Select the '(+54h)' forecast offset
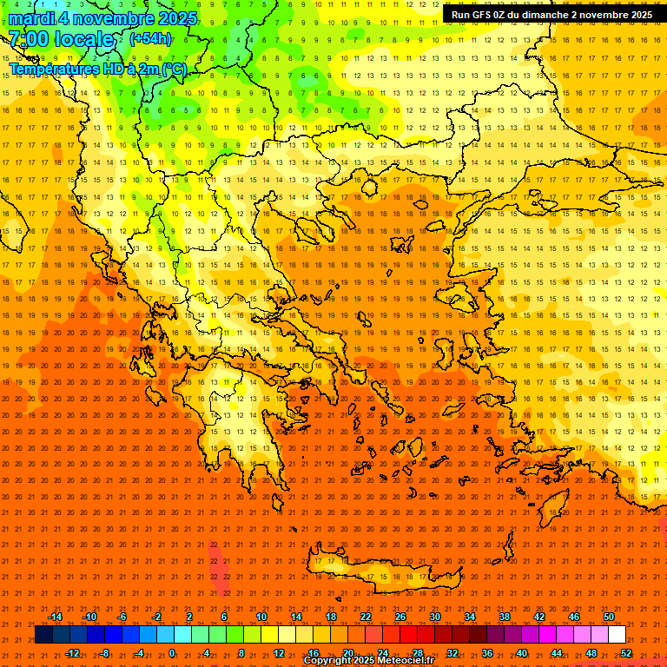(x=150, y=39)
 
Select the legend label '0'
(x=172, y=653)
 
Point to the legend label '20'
(x=347, y=653)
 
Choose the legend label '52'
(x=626, y=653)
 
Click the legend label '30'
(x=435, y=617)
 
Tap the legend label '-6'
(x=122, y=617)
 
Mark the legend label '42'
(x=539, y=617)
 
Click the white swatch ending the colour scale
(x=617, y=635)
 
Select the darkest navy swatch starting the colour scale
(x=43, y=635)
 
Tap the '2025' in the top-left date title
(x=172, y=18)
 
